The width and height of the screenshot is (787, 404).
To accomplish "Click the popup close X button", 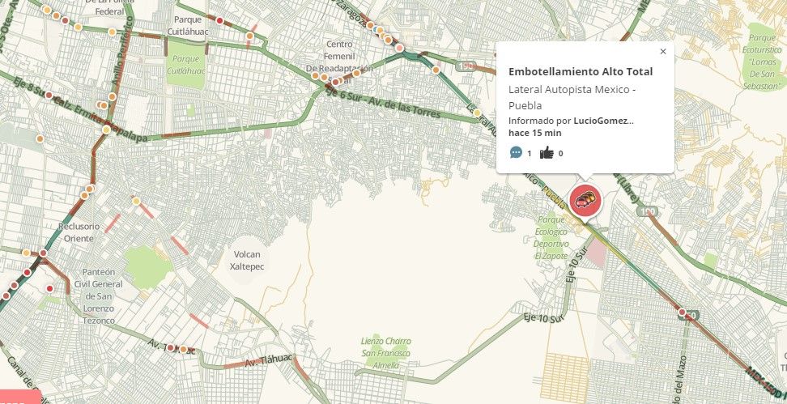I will (x=663, y=52).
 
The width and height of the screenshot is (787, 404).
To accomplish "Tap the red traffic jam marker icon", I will (x=585, y=200).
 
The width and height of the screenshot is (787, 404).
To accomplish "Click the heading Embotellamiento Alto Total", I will (x=580, y=72).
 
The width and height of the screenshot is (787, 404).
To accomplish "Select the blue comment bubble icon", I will (x=516, y=152).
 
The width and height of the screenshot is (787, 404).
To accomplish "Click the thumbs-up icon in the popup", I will (x=547, y=152).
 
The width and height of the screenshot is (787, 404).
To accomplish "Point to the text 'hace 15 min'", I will (x=534, y=133).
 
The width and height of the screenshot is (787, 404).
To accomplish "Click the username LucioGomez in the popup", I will (x=603, y=121).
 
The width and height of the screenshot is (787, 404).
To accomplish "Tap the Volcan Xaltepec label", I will (x=249, y=259).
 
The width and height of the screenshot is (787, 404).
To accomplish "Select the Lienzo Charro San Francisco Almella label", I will (x=386, y=353).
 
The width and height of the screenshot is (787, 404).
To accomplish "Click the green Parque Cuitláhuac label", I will (x=186, y=64).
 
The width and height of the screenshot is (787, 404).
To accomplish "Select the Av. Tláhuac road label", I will (x=266, y=359).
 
